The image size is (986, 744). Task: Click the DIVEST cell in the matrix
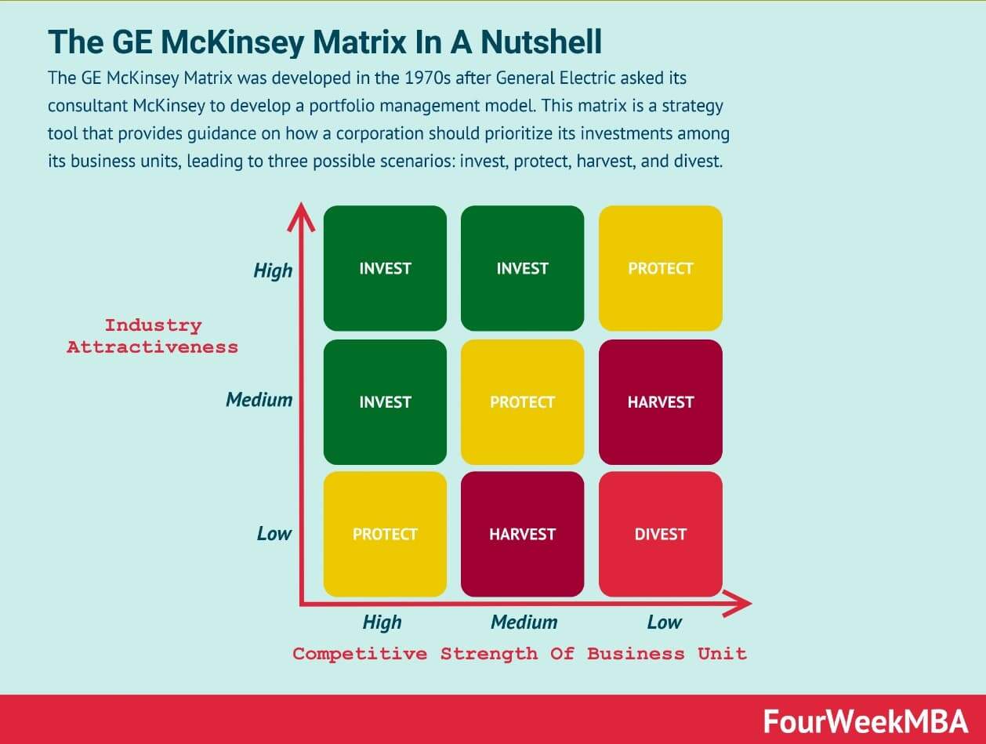[660, 534]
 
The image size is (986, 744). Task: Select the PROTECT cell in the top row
[660, 268]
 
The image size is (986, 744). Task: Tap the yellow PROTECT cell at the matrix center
[523, 402]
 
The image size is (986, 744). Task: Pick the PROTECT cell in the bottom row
[385, 534]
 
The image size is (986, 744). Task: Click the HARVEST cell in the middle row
[660, 402]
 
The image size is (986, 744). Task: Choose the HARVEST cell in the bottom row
[523, 534]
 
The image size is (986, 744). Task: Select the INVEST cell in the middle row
[385, 402]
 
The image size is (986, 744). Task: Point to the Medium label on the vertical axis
[259, 399]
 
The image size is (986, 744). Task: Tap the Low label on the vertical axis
[274, 533]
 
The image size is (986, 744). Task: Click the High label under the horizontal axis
[382, 622]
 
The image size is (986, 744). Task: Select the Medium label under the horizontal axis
[524, 622]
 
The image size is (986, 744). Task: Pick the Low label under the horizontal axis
[665, 622]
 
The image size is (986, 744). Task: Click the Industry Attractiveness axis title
[153, 336]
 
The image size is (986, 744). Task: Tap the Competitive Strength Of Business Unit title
[520, 654]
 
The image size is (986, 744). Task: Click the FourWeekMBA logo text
[865, 722]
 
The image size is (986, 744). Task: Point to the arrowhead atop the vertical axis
[301, 216]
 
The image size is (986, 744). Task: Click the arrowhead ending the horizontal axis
[738, 604]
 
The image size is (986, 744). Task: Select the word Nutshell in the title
[542, 42]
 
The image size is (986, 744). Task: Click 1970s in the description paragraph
[427, 78]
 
